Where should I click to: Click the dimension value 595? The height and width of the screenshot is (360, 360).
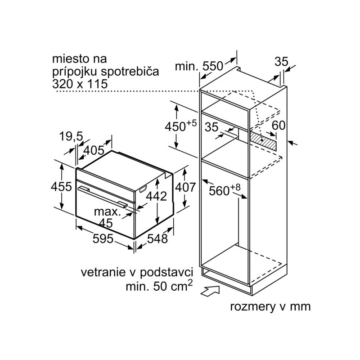pyautogui.click(x=103, y=239)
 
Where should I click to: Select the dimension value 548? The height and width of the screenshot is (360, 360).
pyautogui.click(x=157, y=239)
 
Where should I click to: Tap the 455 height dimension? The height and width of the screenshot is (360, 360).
pyautogui.click(x=61, y=186)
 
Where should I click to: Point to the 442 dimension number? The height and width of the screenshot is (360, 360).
pyautogui.click(x=156, y=196)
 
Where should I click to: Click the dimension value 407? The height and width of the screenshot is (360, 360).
pyautogui.click(x=185, y=187)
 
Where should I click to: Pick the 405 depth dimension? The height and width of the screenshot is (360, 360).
pyautogui.click(x=94, y=150)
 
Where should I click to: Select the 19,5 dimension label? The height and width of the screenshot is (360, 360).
pyautogui.click(x=71, y=136)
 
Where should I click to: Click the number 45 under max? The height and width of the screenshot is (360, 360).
pyautogui.click(x=107, y=223)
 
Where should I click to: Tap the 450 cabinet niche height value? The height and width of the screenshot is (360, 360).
pyautogui.click(x=175, y=126)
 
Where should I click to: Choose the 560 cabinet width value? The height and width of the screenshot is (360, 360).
pyautogui.click(x=219, y=191)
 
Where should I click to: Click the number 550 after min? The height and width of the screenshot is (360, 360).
pyautogui.click(x=213, y=66)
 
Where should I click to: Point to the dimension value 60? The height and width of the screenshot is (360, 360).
pyautogui.click(x=279, y=126)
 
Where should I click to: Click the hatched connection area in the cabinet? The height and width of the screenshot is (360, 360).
pyautogui.click(x=263, y=140)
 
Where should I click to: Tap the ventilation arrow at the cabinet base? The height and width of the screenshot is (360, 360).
pyautogui.click(x=210, y=291)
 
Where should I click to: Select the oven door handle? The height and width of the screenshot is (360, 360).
pyautogui.click(x=103, y=197)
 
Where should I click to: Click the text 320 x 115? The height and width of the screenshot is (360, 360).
pyautogui.click(x=80, y=84)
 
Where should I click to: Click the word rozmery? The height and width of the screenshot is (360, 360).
pyautogui.click(x=252, y=307)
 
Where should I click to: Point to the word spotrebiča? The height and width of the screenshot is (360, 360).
pyautogui.click(x=130, y=72)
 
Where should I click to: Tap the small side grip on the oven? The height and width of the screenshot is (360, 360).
pyautogui.click(x=143, y=189)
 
